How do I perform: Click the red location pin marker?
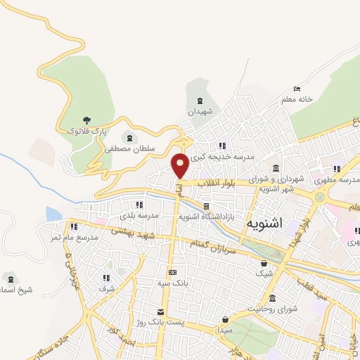[180, 165]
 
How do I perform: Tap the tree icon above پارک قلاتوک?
[86, 120]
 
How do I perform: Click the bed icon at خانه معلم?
[297, 89]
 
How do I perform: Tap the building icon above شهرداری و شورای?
[274, 169]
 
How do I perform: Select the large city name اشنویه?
[265, 224]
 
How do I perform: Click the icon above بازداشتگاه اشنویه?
[206, 206]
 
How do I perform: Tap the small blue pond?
[53, 214]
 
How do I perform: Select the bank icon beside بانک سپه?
[172, 272]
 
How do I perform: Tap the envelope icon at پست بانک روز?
[161, 311]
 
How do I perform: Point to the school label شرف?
[106, 288]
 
